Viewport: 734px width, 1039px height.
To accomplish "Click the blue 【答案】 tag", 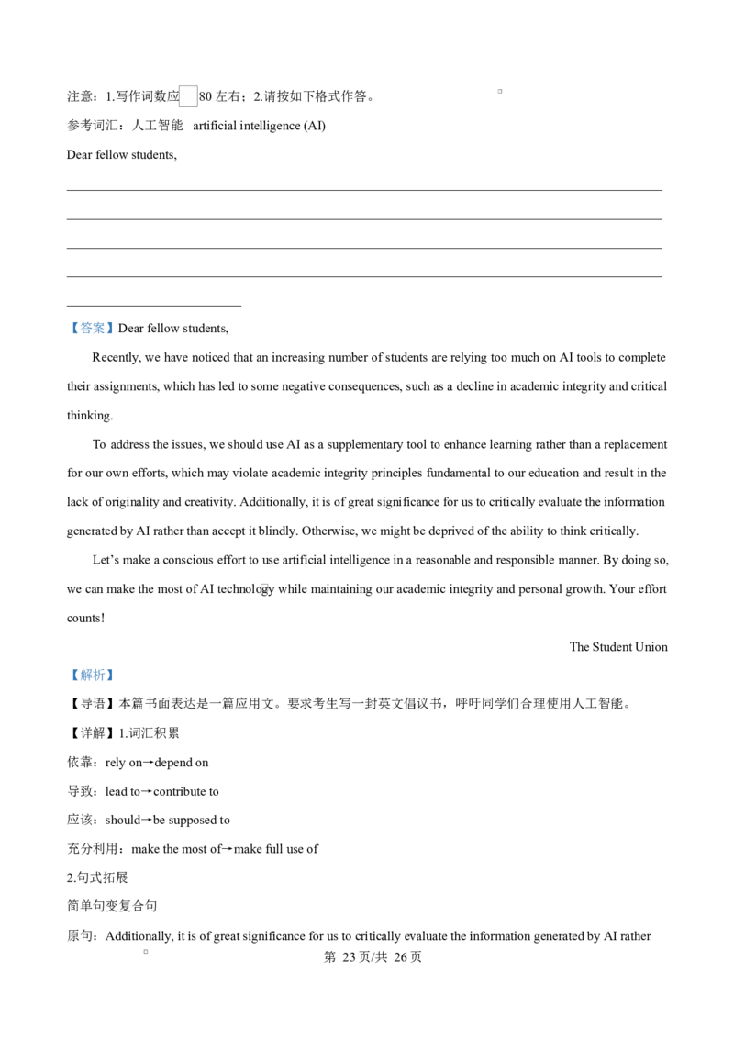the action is coord(92,328).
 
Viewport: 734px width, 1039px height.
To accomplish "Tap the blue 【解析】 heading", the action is coord(92,675).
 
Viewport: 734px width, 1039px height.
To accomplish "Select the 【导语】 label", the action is coord(92,704).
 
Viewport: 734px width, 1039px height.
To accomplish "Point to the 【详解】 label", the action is coord(92,732).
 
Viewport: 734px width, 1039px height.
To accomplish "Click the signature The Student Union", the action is coord(618,647).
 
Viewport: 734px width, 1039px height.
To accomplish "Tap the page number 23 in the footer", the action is coord(350,956).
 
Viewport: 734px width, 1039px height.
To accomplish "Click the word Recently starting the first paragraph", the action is coord(117,358).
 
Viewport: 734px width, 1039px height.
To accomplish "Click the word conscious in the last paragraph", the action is coord(187,560).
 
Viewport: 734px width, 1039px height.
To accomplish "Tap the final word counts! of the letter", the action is coord(85,619).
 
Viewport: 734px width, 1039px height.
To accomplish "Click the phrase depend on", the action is coord(182,763).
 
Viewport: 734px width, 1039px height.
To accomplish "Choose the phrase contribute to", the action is coord(186,791).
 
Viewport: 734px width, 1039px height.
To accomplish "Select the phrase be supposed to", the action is coord(192,821).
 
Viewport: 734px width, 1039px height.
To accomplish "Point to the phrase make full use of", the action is coord(276,849).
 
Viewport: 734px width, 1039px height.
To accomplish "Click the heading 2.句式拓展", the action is coord(97,877).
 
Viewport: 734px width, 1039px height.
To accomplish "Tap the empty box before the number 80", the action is coord(188,96).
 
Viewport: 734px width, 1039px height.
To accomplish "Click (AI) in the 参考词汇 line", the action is coord(314,126).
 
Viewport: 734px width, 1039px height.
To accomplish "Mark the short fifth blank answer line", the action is coord(154,307).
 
